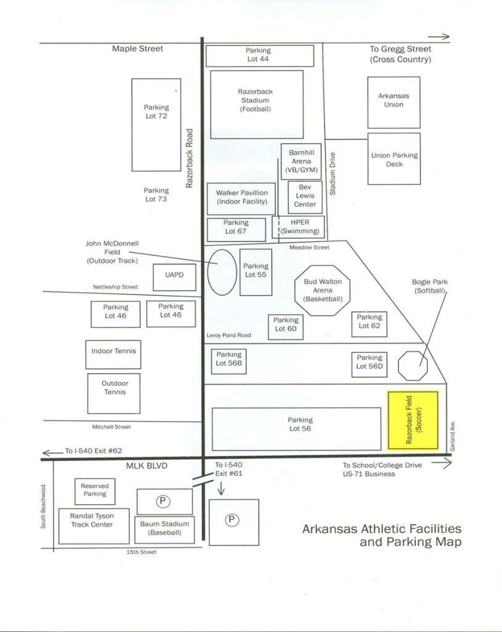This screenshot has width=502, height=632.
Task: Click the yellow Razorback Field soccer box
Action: point(413,420)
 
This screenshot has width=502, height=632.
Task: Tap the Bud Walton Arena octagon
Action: point(323,290)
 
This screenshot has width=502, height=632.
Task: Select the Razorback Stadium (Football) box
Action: point(257,105)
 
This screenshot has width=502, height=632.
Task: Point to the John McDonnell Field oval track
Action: point(222,272)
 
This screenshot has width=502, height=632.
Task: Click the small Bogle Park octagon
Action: point(413,365)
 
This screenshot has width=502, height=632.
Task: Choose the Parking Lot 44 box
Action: point(260,56)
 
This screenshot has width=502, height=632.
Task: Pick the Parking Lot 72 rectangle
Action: point(156,125)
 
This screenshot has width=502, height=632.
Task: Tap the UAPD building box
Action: point(175,277)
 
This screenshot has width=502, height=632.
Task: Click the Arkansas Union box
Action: point(393,102)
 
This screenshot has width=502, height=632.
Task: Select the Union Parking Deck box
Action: point(394,159)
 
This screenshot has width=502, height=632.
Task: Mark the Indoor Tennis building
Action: point(113,354)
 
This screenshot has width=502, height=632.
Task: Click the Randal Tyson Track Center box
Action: point(94,526)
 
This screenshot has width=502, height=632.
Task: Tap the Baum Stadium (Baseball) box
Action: point(165,530)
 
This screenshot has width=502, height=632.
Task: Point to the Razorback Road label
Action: point(189,159)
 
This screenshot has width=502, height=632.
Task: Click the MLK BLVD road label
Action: point(147,466)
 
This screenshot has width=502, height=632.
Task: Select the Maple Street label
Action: point(138,49)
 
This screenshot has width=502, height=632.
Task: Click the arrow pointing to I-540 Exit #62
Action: point(52,452)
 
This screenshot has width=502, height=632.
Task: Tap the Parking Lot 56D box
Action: point(369,365)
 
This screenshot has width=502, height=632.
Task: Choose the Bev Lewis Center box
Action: point(305,197)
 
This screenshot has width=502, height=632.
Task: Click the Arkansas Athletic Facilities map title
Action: point(382,535)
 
